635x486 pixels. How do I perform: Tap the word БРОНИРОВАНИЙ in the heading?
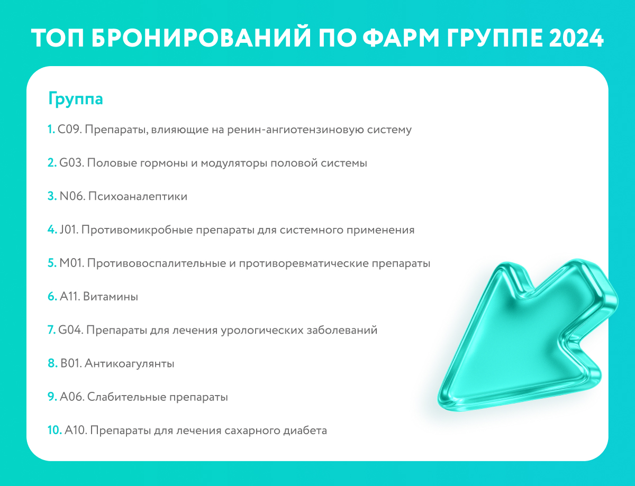(202, 38)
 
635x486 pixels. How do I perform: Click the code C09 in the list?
(69, 130)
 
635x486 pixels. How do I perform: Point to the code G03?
(71, 163)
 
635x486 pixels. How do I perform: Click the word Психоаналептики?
(138, 196)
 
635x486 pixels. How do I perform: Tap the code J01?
(69, 230)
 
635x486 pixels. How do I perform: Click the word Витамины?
(111, 297)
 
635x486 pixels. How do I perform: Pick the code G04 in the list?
(71, 330)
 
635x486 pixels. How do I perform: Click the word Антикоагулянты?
(130, 364)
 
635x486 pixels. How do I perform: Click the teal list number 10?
(55, 430)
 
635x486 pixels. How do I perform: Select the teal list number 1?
(51, 130)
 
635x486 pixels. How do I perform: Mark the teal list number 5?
(52, 263)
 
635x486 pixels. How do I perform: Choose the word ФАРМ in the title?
(402, 38)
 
